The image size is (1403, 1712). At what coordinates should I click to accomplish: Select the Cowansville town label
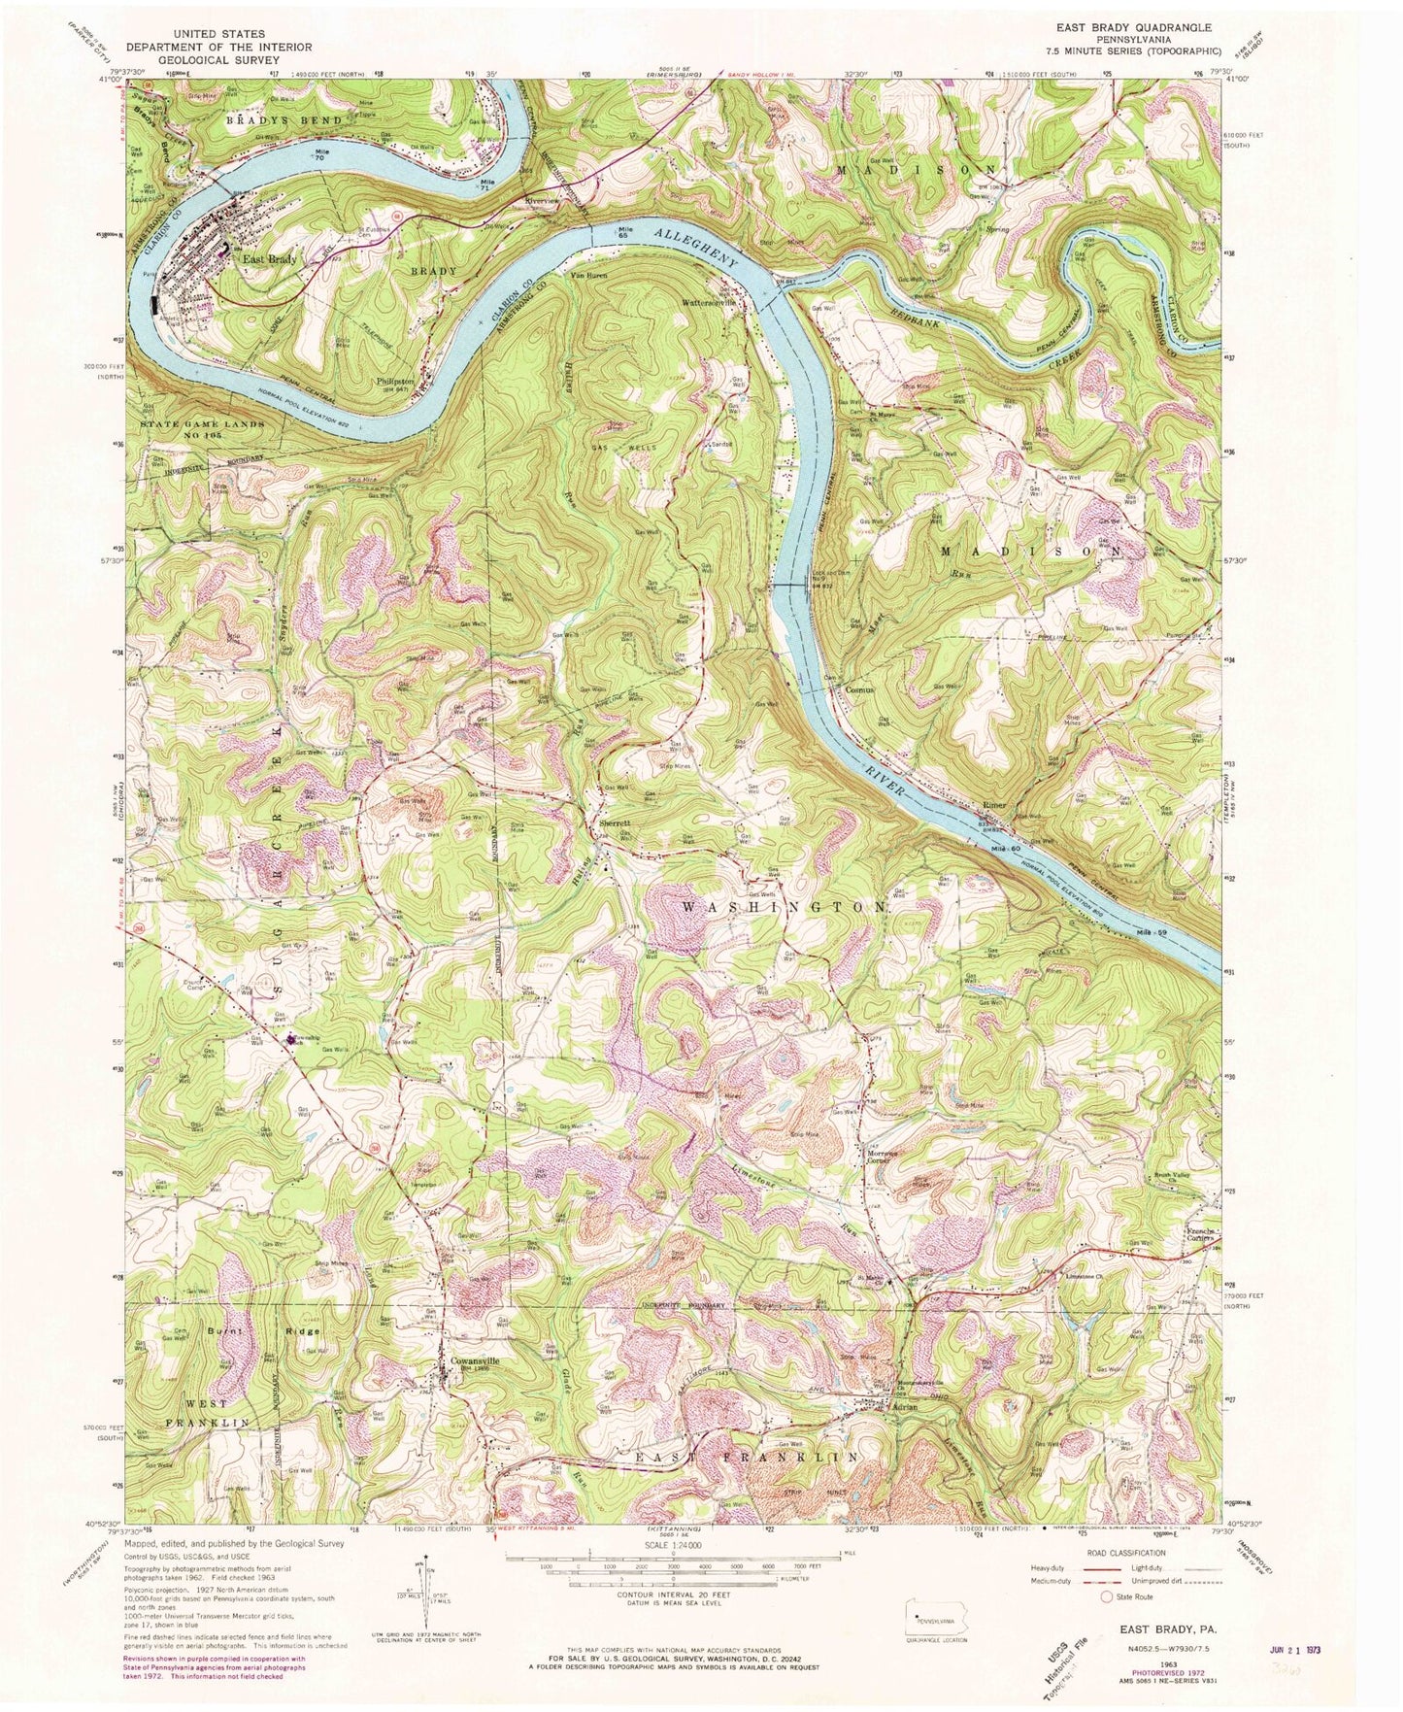[x=474, y=1361]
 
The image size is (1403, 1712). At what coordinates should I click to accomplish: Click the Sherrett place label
[x=616, y=822]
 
